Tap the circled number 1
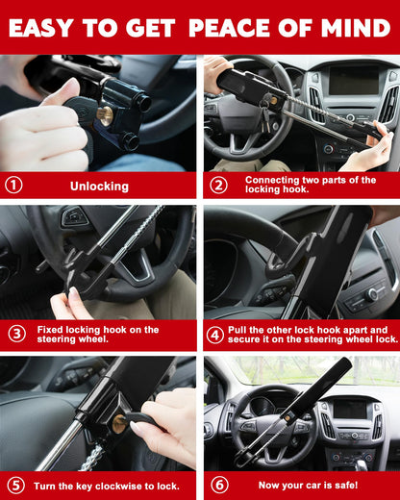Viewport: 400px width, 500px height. coord(13,185)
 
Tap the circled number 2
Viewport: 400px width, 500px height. coord(218,185)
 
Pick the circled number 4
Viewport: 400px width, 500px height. coord(215,334)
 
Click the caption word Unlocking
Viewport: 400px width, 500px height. coord(99,185)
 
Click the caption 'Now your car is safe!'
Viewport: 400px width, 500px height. coord(299,485)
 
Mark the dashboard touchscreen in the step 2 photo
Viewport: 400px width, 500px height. coord(352,81)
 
